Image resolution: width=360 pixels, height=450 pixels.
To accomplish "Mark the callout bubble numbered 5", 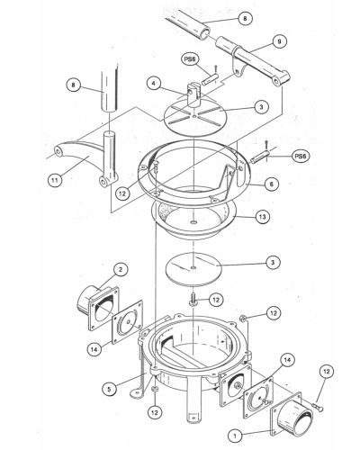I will point(110,390).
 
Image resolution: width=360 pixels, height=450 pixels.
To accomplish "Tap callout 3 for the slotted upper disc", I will point(259,106).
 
